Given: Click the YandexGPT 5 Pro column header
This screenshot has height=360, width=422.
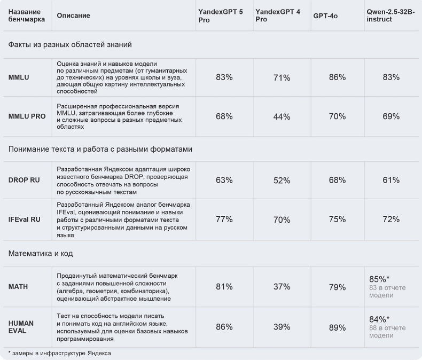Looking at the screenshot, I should [x=221, y=15].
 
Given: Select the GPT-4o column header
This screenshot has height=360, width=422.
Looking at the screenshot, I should [x=325, y=16].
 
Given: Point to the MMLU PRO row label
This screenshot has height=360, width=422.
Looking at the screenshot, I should [x=27, y=116].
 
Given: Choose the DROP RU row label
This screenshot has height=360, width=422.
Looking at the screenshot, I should [x=25, y=180].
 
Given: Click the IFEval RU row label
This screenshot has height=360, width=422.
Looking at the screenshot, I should [x=25, y=219].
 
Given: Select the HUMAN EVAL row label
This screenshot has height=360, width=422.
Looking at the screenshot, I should [x=21, y=327].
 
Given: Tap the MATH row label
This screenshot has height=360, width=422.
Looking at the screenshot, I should [x=18, y=287].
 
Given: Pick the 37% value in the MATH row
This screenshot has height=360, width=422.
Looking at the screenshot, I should [x=282, y=287].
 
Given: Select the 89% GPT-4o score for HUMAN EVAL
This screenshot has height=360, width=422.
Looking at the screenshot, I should [x=337, y=327].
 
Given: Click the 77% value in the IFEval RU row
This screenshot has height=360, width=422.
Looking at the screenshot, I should [x=224, y=219].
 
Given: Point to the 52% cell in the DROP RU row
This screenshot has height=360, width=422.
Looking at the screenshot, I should [x=282, y=181].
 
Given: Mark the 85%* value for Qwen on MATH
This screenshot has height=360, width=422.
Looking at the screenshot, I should [x=379, y=279].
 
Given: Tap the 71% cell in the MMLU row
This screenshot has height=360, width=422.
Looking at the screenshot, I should [x=282, y=77].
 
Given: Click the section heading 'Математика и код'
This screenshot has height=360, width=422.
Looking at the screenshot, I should [x=41, y=253].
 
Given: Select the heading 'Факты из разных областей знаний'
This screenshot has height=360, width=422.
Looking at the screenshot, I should [x=70, y=44].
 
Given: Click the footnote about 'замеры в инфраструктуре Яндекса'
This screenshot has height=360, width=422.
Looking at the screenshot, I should [x=60, y=353].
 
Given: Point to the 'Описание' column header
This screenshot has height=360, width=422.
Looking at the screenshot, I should [x=74, y=16].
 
